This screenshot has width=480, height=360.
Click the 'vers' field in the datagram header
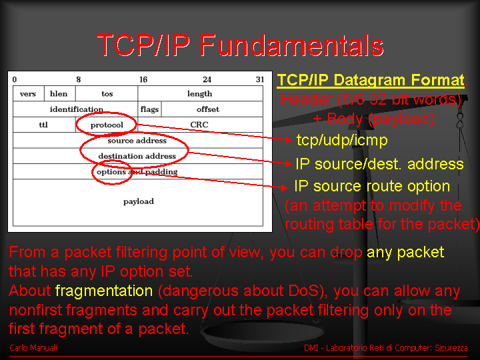pos(28,94)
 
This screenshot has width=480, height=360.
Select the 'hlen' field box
pos(60,94)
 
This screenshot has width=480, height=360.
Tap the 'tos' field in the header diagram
pos(107,94)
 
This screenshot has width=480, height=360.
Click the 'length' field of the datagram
pos(200,94)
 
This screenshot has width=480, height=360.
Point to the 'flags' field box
pos(150,109)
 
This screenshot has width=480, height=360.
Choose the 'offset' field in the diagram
pos(212,109)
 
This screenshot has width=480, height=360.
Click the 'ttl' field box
pos(44,125)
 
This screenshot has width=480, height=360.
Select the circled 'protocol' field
pos(107,125)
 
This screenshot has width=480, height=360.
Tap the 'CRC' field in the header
pos(200,125)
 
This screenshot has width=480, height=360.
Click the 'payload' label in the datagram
pos(139,201)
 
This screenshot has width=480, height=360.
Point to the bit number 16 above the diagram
pos(143,79)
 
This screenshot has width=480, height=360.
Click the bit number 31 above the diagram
pos(260,79)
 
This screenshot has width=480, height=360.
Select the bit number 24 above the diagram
pos(207,79)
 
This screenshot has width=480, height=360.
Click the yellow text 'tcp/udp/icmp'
pos(342,141)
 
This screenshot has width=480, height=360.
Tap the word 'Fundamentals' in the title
pos(291,45)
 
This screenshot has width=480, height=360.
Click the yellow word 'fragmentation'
pos(104,291)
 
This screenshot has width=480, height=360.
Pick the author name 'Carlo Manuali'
pos(33,348)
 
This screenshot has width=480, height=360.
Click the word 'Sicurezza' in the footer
pos(451,348)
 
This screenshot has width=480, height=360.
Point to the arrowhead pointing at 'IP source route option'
pos(285,187)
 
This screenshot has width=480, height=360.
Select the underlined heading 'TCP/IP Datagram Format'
pos(371,81)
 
